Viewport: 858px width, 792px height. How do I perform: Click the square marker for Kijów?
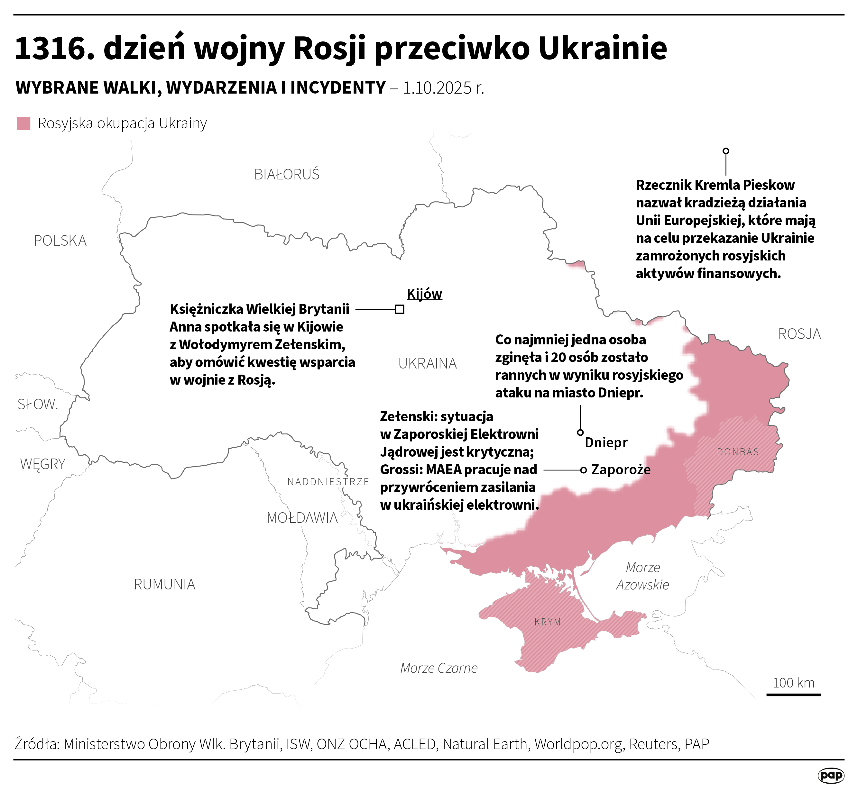pos(399,309)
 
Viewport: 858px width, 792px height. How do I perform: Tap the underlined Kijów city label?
pos(424,294)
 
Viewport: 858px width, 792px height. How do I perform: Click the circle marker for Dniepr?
pos(580,432)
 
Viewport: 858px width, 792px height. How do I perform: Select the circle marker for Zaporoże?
pos(583,470)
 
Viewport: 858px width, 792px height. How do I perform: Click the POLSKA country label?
pos(60,241)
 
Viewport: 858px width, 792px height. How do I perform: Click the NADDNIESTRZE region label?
pos(328,482)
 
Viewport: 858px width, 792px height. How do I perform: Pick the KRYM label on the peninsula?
pos(548,622)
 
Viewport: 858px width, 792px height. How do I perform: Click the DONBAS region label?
pos(737,452)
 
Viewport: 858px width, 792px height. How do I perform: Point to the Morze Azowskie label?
pos(642,576)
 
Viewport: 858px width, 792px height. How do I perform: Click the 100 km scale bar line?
pos(793,695)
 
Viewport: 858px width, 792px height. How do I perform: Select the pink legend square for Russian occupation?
pos(23,123)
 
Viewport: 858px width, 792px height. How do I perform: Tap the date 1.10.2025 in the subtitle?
pos(438,88)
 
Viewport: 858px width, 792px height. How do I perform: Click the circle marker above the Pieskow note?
pos(725,151)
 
